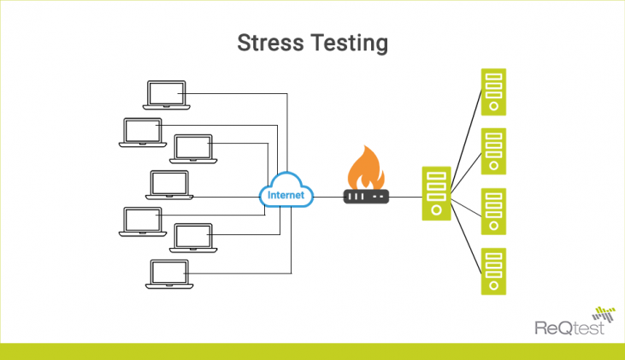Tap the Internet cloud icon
(x=286, y=193)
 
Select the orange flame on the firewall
(x=366, y=167)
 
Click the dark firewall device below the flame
(x=366, y=196)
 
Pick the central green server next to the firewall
(x=436, y=196)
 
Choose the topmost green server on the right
(x=492, y=92)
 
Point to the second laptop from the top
(x=142, y=131)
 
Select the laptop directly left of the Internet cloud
(x=168, y=185)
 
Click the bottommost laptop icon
(x=168, y=274)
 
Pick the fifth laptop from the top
(x=142, y=221)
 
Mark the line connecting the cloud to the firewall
(x=328, y=196)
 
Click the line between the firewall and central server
(x=405, y=196)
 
